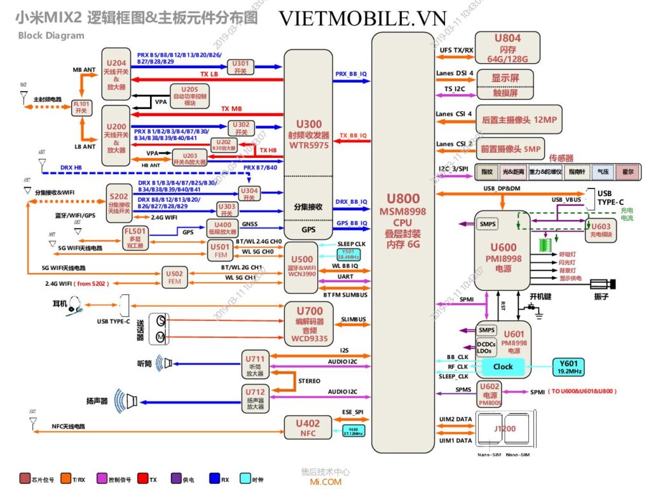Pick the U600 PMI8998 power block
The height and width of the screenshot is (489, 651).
click(502, 255)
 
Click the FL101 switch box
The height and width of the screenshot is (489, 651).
click(81, 107)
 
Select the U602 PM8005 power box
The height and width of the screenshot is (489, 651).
click(490, 394)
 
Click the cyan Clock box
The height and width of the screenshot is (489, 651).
click(502, 367)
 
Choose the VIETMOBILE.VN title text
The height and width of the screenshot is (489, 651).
click(362, 18)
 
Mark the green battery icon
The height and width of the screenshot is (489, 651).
click(543, 244)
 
